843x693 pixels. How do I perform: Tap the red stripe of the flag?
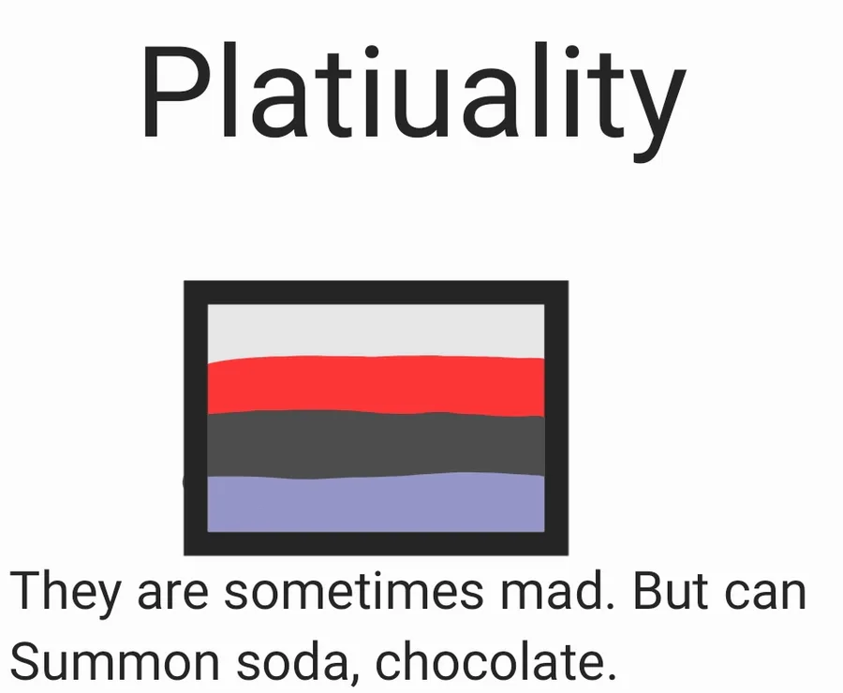coord(376,386)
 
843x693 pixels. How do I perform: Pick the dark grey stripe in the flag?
coord(376,445)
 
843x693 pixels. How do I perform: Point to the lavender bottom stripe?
coord(376,503)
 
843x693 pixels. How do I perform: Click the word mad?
coord(557,591)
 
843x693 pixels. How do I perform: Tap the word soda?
coord(292,659)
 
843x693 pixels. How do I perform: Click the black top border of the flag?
coord(376,292)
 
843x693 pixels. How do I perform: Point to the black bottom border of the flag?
coord(376,543)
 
